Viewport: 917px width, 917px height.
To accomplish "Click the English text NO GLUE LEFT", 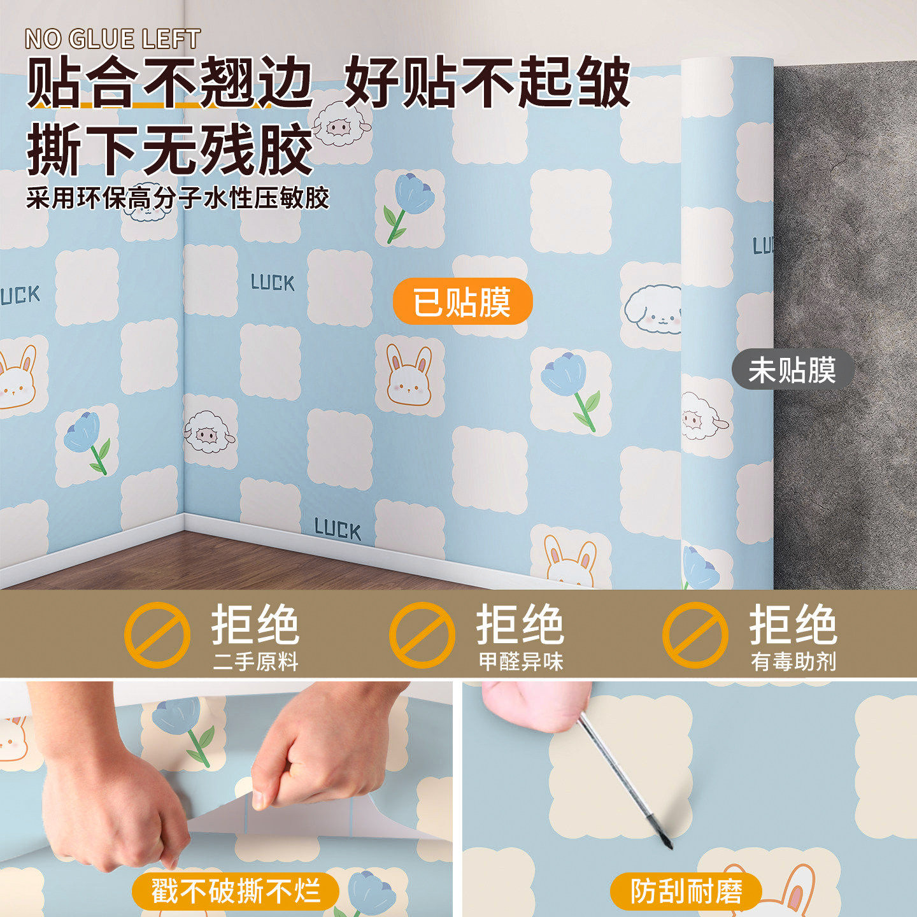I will pos(113,39).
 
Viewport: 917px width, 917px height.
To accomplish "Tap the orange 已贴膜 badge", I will pos(462,302).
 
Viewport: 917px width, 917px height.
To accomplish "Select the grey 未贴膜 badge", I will pos(792,370).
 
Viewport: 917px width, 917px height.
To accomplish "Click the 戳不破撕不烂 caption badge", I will pos(235,891).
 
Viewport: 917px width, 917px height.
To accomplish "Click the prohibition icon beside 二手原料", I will pos(157,635).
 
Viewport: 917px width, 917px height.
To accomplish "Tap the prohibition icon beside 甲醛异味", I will pos(422,635).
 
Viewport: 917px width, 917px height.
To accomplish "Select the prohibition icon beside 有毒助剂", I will pos(695,635).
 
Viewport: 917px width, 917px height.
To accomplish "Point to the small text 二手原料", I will pos(255,662).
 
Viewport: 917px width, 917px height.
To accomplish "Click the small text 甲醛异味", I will pos(521,662).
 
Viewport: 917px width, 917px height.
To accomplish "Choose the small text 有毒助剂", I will pos(793,662).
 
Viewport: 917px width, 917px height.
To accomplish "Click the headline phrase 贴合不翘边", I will pos(169,83).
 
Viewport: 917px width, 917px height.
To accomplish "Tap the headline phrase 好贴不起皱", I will pos(487,83).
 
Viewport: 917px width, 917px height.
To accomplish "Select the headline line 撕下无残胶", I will pos(169,150).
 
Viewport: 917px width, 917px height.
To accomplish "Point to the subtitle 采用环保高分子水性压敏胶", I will pos(178,198).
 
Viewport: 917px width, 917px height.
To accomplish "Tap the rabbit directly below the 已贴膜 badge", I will pos(408,376).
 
